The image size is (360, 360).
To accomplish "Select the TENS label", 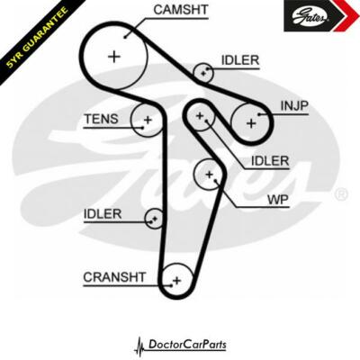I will (101, 119).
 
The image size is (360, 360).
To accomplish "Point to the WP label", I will (277, 199).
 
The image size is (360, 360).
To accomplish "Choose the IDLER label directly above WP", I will (270, 160).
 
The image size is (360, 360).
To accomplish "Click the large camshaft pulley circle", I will (114, 56).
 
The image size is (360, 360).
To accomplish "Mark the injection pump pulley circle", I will (249, 120).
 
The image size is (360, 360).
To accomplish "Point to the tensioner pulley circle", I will (147, 119).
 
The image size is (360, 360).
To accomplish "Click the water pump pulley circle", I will (209, 174).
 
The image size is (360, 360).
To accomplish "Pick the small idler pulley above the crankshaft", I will (156, 218).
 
